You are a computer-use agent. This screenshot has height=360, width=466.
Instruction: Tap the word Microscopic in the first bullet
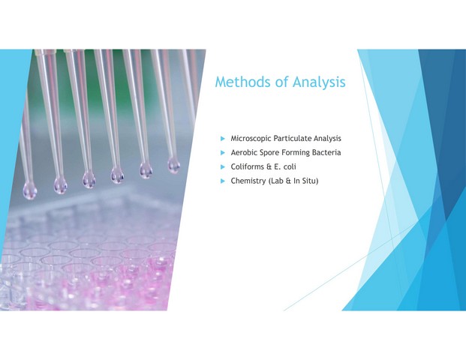pyautogui.click(x=251, y=139)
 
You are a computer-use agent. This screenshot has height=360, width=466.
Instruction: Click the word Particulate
pyautogui.click(x=293, y=139)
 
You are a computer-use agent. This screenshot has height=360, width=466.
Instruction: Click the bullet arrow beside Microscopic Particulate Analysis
pyautogui.click(x=223, y=139)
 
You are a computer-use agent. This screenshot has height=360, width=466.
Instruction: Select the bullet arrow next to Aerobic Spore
pyautogui.click(x=223, y=153)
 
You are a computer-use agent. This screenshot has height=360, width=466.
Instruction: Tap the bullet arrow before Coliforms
pyautogui.click(x=223, y=167)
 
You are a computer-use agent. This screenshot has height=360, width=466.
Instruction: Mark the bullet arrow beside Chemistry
pyautogui.click(x=223, y=181)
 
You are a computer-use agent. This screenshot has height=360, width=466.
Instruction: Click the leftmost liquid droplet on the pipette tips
pyautogui.click(x=30, y=190)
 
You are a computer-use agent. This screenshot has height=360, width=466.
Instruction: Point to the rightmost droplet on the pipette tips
pyautogui.click(x=173, y=164)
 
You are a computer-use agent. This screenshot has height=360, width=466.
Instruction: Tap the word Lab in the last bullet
pyautogui.click(x=276, y=181)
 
